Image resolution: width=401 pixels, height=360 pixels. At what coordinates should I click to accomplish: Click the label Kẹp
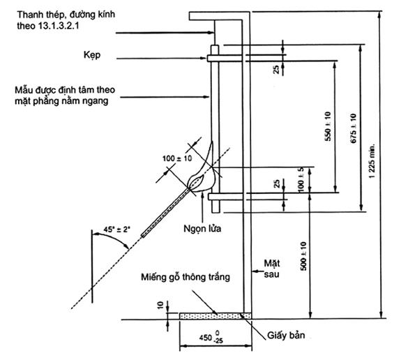pos(92,55)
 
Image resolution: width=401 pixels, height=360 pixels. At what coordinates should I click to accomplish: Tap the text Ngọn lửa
pos(202,228)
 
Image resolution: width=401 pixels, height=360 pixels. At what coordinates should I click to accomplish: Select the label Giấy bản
pos(286,335)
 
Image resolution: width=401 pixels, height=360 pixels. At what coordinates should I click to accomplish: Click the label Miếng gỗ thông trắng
pos(186,277)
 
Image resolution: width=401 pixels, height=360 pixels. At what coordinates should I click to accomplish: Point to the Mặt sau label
pos(272,269)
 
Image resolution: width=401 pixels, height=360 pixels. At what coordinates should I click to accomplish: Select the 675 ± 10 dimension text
pos(353,128)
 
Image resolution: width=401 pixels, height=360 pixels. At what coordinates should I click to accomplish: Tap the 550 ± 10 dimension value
pos(328,126)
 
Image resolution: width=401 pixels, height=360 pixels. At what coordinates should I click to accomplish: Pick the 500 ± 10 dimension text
pos(303,256)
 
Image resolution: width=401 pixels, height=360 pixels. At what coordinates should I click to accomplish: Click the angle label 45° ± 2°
pos(116,230)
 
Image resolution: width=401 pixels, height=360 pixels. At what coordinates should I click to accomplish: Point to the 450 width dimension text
pos(211,336)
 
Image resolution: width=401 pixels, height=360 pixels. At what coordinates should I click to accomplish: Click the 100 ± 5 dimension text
pos(301,179)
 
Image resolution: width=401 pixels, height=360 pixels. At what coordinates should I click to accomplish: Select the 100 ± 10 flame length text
pos(177,158)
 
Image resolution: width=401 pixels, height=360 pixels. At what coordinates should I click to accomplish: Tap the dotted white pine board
pos(215,316)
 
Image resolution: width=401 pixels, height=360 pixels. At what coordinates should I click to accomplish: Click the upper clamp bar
pos(225,58)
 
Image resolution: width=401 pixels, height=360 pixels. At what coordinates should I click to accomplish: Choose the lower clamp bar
pos(225,197)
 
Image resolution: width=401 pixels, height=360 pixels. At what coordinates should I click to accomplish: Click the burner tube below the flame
pos(166,212)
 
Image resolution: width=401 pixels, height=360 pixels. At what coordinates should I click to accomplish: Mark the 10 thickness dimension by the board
pos(160,306)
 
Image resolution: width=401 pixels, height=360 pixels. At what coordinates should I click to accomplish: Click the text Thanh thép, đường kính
pos(66,15)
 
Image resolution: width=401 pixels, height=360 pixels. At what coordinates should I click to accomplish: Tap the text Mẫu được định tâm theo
pos(65,90)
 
